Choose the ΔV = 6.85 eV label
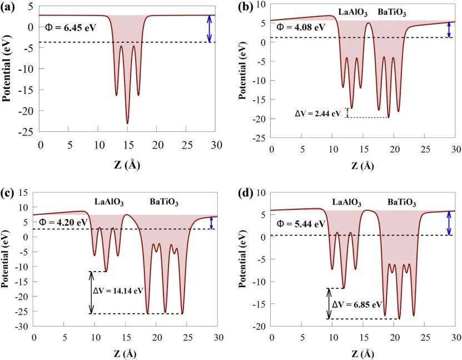tap(357, 305)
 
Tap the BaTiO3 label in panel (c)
tap(165, 201)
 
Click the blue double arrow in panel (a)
tap(210, 28)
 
